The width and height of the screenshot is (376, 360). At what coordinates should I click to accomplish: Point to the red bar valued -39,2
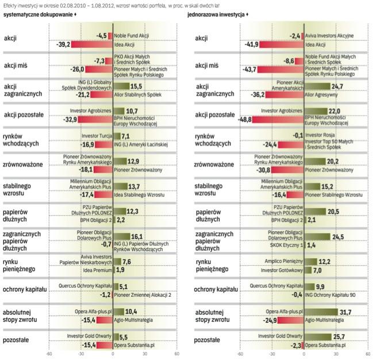coord(91,44)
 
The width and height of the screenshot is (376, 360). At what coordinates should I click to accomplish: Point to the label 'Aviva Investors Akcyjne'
coord(329,36)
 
